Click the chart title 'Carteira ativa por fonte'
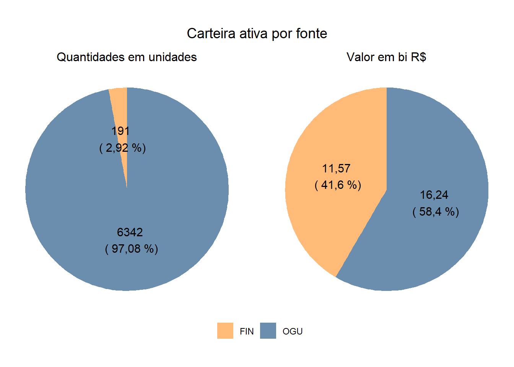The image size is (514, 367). point(257,34)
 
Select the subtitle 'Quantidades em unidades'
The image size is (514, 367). point(127,57)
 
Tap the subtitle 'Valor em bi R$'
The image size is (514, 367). point(386,57)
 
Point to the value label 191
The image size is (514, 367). point(120,131)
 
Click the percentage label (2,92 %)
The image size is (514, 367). point(122,148)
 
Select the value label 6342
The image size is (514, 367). point(130,232)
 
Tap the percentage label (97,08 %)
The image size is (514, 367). point(131,249)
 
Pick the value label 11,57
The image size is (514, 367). point(336,169)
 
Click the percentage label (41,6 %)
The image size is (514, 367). point(338,185)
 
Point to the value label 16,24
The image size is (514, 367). point(434,195)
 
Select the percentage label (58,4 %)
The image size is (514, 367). point(436,212)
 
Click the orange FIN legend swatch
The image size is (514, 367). point(225,331)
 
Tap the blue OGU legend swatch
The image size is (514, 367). point(268,331)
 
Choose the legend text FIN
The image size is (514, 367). point(247,331)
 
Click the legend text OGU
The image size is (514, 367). point(293,331)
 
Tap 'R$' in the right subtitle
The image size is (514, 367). point(418,57)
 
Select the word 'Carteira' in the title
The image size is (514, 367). point(211,34)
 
